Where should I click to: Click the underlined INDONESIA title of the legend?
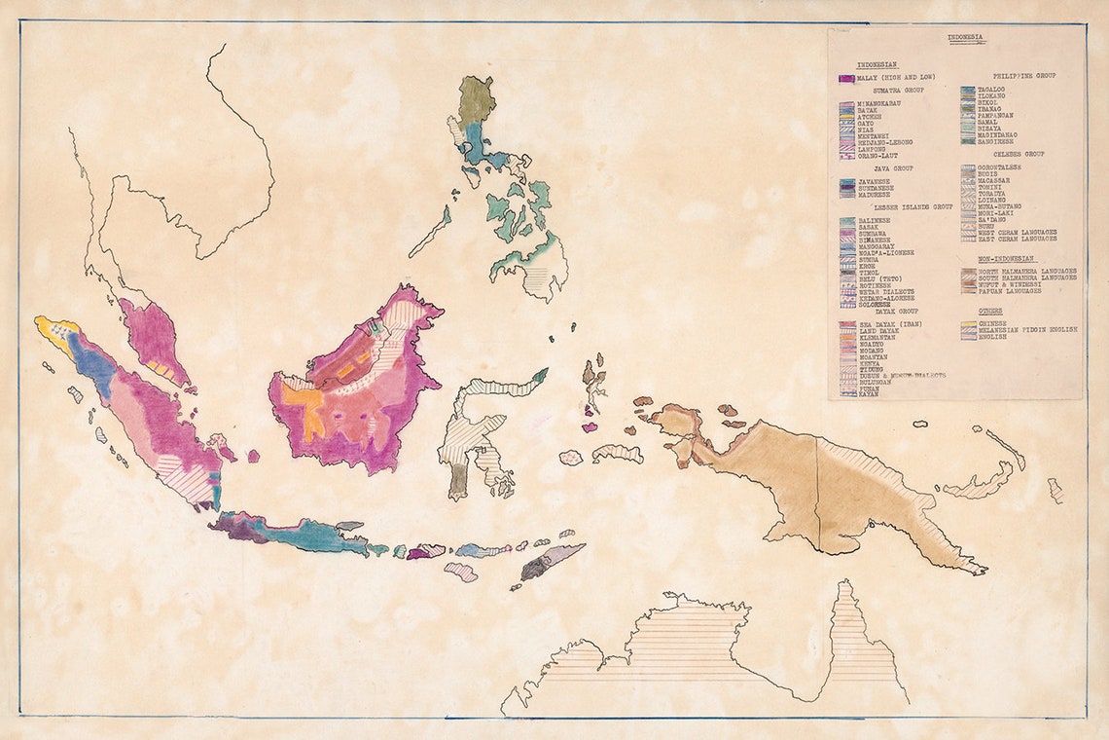click(x=966, y=39)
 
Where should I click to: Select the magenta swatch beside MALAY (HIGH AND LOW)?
click(x=845, y=78)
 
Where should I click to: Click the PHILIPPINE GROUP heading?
click(x=1023, y=75)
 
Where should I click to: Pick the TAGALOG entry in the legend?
click(x=993, y=90)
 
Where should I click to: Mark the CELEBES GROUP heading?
click(x=1019, y=154)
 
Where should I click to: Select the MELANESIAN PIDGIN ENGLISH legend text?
click(x=1027, y=330)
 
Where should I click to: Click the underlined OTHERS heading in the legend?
click(x=992, y=311)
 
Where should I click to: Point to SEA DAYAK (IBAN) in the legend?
click(x=889, y=323)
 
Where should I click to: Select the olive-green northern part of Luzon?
click(x=477, y=97)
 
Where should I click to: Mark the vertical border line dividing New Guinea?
click(x=817, y=487)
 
